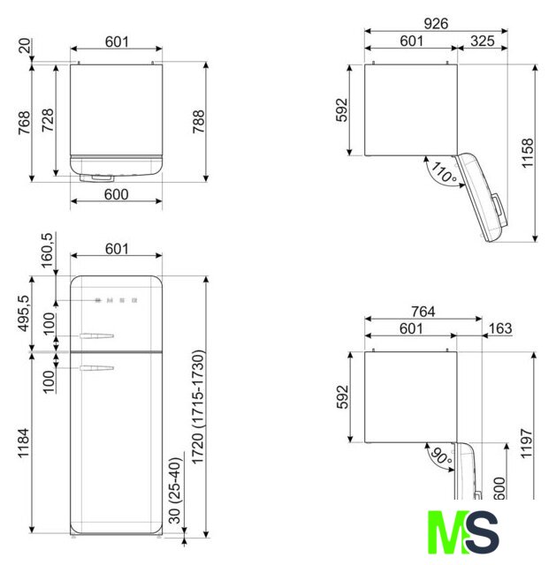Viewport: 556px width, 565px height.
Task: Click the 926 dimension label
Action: (x=436, y=24)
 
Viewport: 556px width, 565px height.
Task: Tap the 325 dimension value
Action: (x=483, y=41)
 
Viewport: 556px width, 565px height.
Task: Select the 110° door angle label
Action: (x=444, y=172)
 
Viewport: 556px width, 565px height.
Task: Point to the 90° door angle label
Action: (x=442, y=456)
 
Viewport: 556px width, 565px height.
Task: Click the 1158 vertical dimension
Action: (x=527, y=153)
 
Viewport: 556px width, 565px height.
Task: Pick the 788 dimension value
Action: (x=198, y=122)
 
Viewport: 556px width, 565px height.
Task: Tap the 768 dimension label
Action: (x=24, y=123)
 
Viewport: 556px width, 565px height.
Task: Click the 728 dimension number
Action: (x=48, y=120)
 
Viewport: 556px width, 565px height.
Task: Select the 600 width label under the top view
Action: (x=116, y=194)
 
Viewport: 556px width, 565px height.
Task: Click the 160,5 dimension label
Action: (x=47, y=251)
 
